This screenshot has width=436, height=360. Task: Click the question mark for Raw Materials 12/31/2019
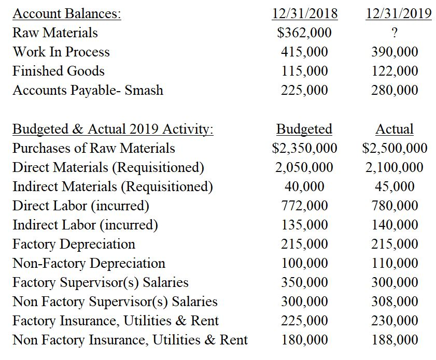pos(395,33)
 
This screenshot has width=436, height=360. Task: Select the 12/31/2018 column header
pos(304,13)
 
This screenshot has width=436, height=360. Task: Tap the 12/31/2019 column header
pos(398,13)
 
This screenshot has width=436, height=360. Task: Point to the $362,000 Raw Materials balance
pos(304,33)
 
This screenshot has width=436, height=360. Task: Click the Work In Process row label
pos(61,52)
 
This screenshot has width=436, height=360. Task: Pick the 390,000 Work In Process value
pos(395,52)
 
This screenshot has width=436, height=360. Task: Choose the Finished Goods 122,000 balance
pos(395,71)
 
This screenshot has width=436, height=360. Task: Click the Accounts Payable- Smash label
pos(88,90)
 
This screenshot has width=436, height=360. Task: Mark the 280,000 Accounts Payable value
pos(395,90)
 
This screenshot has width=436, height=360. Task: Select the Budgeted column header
pos(304,128)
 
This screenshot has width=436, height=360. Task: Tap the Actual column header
pos(395,128)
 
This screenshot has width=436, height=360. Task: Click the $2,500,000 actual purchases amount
pos(395,148)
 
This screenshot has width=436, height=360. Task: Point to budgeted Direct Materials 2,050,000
pos(304,167)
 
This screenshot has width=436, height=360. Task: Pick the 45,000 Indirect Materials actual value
pos(395,186)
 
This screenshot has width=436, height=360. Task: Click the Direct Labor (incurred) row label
pos(81,206)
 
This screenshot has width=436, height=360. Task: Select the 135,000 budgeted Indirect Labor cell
pos(304,225)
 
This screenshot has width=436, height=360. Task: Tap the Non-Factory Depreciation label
pos(89,263)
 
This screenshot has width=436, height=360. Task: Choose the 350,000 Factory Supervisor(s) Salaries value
pos(304,282)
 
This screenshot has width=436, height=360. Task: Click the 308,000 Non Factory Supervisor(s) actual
pos(395,301)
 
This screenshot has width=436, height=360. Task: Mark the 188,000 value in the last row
pos(395,340)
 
